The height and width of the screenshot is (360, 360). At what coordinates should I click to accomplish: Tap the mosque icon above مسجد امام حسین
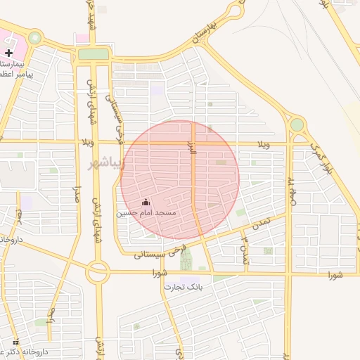click(146, 202)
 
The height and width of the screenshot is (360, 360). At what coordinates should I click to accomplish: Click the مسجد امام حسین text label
click(147, 212)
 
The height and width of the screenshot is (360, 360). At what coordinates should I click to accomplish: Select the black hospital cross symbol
click(8, 53)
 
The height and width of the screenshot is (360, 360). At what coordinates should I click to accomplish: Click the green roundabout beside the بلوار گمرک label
click(297, 125)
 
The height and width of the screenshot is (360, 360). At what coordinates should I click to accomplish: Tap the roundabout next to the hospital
click(34, 38)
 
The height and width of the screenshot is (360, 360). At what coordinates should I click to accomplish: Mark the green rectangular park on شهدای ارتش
click(93, 54)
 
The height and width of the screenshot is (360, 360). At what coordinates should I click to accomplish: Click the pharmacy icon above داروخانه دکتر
click(16, 342)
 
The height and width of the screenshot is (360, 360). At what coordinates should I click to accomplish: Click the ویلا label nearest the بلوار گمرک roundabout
click(264, 145)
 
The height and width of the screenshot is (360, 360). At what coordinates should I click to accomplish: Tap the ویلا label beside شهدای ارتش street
click(87, 143)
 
